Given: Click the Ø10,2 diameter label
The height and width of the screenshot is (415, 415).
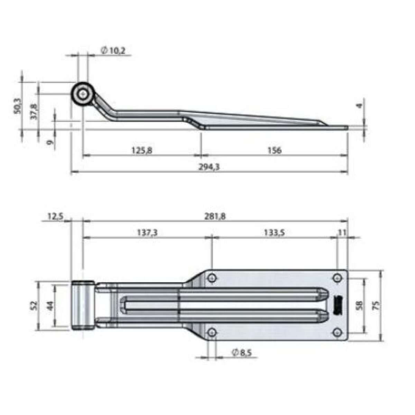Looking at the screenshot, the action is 113,51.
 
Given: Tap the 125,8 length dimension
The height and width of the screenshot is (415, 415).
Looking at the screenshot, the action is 142,150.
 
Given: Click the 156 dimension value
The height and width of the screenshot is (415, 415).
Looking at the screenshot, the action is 275,150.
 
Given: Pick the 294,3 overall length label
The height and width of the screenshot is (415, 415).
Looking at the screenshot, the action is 209,167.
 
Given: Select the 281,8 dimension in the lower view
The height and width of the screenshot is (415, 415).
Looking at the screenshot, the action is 215,216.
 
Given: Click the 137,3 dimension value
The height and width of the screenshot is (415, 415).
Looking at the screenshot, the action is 147,233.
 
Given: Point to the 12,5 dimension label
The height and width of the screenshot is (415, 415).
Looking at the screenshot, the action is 55,216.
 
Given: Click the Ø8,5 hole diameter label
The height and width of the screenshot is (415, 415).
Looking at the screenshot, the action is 242,353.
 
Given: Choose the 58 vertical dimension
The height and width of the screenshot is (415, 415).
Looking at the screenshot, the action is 360,305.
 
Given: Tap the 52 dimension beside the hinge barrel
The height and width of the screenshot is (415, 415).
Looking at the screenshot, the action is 34,305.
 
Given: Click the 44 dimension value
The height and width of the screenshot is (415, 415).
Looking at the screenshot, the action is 50,305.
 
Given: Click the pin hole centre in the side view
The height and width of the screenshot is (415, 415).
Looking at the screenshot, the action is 83,94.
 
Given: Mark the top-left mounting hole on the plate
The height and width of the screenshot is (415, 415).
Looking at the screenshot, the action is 212,278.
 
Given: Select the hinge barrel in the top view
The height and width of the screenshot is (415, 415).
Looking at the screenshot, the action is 83,305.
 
